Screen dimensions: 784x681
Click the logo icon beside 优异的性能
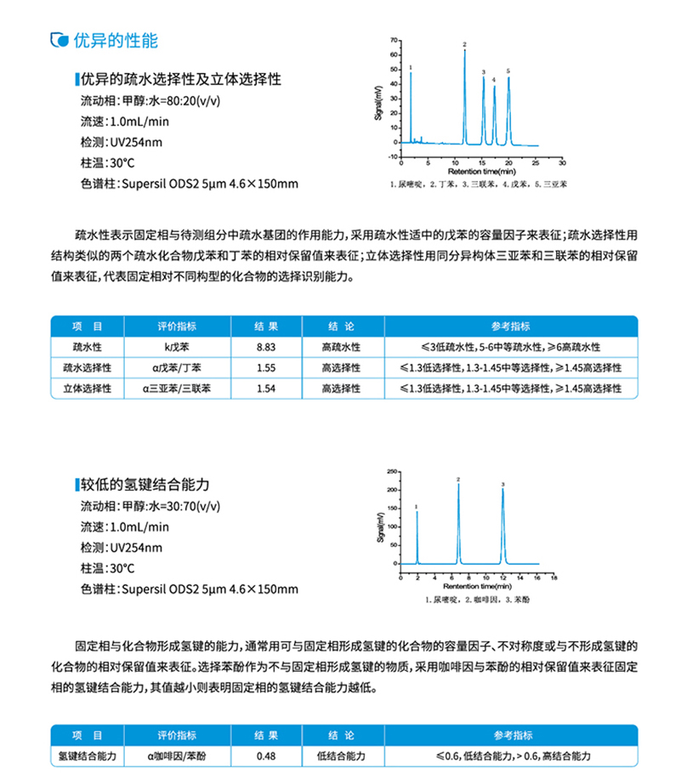coord(58,40)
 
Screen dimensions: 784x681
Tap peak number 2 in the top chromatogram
coord(465,44)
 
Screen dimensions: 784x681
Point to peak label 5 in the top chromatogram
coord(508,71)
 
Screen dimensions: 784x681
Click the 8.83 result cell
coord(267,347)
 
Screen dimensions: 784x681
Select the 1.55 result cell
coord(267,367)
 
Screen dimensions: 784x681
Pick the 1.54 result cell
coord(267,388)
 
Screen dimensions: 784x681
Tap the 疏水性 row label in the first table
coord(88,347)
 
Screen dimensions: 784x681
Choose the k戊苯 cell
coord(177,347)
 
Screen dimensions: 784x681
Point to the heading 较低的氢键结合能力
coord(145,485)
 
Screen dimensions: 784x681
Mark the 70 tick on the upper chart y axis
coord(393,40)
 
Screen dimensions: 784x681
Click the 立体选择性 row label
coord(88,388)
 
